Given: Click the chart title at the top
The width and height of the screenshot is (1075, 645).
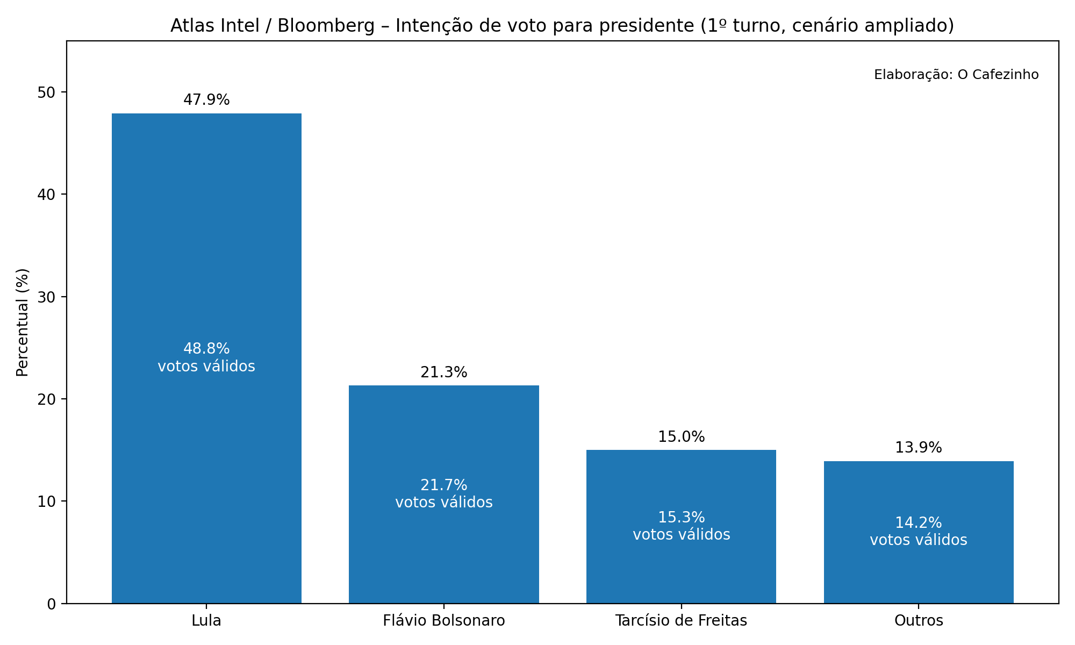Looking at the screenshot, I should [562, 26].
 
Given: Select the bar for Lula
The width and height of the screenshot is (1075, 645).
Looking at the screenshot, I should [206, 242].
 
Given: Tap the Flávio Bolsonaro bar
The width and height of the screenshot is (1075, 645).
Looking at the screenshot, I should [444, 430].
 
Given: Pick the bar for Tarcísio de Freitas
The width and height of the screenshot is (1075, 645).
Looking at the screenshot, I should [681, 484].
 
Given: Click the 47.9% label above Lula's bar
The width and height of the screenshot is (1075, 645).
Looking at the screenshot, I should [206, 100].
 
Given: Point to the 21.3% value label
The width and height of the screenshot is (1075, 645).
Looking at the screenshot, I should [444, 372].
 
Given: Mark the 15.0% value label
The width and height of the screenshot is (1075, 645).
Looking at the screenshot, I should [681, 437].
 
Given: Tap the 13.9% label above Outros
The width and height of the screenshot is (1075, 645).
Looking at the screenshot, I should [919, 448].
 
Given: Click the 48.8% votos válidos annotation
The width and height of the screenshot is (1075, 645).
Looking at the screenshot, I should [206, 357].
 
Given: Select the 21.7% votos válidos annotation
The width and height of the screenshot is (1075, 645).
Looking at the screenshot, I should [444, 493].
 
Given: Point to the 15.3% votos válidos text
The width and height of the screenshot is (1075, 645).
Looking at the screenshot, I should [681, 526].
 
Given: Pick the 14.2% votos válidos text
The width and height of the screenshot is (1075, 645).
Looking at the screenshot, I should [919, 531].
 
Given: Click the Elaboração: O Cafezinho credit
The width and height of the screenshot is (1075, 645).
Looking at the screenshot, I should [956, 75].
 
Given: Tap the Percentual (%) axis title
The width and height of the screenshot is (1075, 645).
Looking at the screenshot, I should [23, 322].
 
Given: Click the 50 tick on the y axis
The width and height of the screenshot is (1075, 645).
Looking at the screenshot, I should [47, 92].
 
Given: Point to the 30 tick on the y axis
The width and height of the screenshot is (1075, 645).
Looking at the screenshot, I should [47, 297].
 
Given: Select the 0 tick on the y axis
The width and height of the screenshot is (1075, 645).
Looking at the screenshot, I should [52, 604].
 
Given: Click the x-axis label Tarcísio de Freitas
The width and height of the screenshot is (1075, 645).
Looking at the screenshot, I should [681, 621].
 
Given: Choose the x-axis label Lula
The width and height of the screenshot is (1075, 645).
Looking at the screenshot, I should [206, 621].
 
